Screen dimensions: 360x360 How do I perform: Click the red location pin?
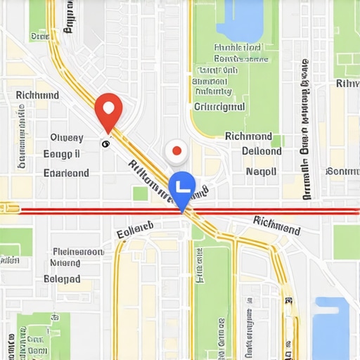[x=108, y=109]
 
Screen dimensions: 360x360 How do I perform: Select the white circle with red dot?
[x=176, y=150]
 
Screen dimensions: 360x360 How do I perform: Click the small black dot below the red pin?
[x=105, y=144]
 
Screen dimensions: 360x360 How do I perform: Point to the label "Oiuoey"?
[x=67, y=138]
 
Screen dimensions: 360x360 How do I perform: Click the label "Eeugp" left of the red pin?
[x=61, y=154]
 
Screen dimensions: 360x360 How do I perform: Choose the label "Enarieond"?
[x=66, y=172]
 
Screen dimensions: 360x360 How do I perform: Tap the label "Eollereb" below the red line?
[x=135, y=228]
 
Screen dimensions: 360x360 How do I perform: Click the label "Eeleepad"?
[x=63, y=278]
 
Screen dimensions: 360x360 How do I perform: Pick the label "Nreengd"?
[x=65, y=263]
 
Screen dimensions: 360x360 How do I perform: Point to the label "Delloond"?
[x=262, y=150]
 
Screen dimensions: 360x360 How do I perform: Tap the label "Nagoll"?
[x=261, y=171]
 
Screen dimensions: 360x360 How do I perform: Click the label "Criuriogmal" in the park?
[x=219, y=107]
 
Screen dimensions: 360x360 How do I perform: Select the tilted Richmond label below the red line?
[x=276, y=226]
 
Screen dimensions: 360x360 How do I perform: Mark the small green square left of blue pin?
[x=141, y=193]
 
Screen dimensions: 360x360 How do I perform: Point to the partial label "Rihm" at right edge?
[x=347, y=84]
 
